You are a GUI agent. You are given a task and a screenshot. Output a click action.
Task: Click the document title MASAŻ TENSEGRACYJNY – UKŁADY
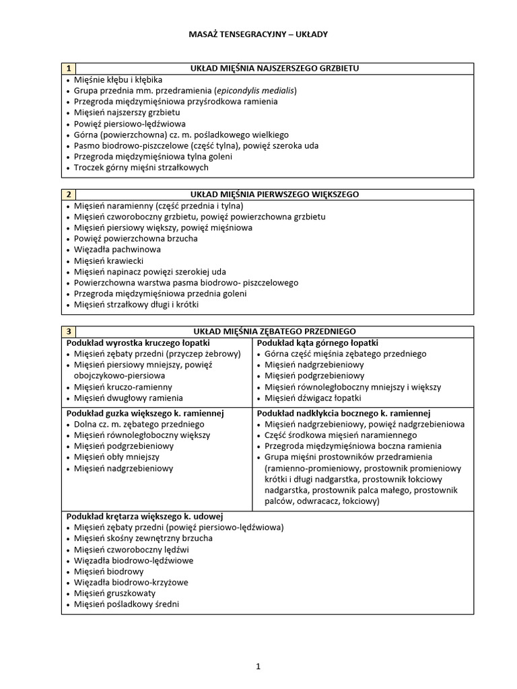click(x=258, y=34)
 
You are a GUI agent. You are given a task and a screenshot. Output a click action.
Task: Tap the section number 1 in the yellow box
click(x=69, y=69)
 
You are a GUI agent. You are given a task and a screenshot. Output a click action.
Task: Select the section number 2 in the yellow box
click(x=69, y=194)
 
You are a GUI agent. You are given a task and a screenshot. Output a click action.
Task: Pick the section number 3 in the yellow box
click(x=69, y=331)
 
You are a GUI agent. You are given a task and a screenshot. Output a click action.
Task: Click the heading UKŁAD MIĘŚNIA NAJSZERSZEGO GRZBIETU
click(x=275, y=69)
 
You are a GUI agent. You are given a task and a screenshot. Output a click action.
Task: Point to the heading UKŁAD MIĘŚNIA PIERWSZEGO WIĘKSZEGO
click(x=275, y=194)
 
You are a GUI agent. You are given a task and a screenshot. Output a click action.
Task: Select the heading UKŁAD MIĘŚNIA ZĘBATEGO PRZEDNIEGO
click(x=275, y=331)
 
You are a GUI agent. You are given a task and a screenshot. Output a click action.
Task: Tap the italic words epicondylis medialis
click(x=255, y=90)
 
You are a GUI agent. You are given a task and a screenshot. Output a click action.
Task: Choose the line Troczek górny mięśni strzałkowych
click(x=141, y=167)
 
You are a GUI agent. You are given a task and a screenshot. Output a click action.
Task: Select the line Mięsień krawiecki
click(x=108, y=260)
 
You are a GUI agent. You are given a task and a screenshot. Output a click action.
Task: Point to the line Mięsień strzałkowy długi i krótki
click(x=137, y=304)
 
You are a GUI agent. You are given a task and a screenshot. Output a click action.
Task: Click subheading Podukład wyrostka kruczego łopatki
click(x=138, y=342)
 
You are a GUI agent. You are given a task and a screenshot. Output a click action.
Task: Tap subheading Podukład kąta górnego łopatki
click(x=318, y=342)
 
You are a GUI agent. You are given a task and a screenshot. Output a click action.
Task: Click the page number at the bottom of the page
click(x=258, y=667)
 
